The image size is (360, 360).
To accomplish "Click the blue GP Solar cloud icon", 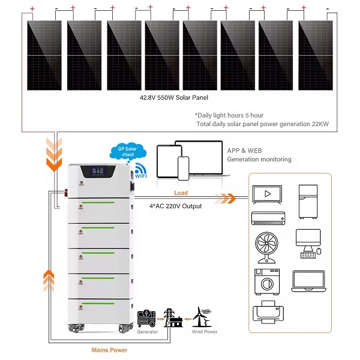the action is tap(128, 152).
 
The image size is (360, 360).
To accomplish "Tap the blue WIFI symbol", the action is tap(141, 170).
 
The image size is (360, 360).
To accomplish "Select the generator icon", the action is tap(146, 318).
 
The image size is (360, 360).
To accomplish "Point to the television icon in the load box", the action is tap(267, 194).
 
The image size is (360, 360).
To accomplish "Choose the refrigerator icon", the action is tap(308, 202).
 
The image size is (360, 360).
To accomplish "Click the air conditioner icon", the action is tap(268, 218).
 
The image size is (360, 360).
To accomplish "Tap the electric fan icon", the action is tap(266, 247).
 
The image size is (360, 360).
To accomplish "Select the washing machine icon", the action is tap(267, 282).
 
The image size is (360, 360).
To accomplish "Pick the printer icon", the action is tap(268, 312).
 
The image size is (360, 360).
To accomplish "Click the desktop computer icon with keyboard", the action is tap(308, 244).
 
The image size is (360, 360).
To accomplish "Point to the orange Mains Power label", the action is tap(109, 350).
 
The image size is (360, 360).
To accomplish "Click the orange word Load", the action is tap(181, 193).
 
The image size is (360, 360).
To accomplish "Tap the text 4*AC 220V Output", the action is tap(176, 206).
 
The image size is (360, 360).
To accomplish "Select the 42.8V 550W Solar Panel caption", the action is tap(174, 98).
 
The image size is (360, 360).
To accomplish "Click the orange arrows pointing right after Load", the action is tap(226, 199).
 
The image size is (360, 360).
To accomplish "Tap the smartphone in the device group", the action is tap(184, 169).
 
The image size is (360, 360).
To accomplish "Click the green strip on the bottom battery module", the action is tap(98, 303).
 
